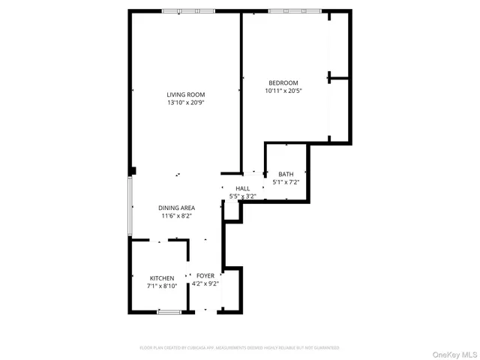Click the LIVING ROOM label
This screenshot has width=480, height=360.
pyautogui.click(x=185, y=94)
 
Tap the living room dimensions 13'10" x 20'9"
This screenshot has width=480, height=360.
pyautogui.click(x=185, y=103)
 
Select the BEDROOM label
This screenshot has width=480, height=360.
pyautogui.click(x=283, y=82)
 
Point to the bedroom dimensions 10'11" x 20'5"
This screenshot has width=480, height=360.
pyautogui.click(x=283, y=91)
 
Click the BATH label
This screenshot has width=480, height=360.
pyautogui.click(x=286, y=174)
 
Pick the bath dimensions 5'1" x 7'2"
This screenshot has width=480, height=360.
pyautogui.click(x=286, y=182)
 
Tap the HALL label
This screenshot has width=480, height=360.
pyautogui.click(x=242, y=188)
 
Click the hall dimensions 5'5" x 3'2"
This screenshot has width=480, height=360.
pyautogui.click(x=242, y=196)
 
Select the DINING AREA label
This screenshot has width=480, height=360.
pyautogui.click(x=176, y=207)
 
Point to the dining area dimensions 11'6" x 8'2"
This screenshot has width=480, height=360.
pyautogui.click(x=176, y=216)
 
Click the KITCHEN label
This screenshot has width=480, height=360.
pyautogui.click(x=161, y=277)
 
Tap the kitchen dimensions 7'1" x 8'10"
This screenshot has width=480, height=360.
pyautogui.click(x=161, y=286)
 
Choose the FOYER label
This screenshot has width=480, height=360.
pyautogui.click(x=205, y=276)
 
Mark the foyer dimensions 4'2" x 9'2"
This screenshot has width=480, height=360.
pyautogui.click(x=205, y=284)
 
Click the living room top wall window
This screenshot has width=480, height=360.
pyautogui.click(x=190, y=11)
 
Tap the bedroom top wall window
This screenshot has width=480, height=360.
pyautogui.click(x=295, y=11)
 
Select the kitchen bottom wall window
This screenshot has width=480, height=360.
pyautogui.click(x=169, y=311)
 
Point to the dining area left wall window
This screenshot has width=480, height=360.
pyautogui.click(x=130, y=206)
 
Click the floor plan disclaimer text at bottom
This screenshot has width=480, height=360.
pyautogui.click(x=239, y=348)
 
